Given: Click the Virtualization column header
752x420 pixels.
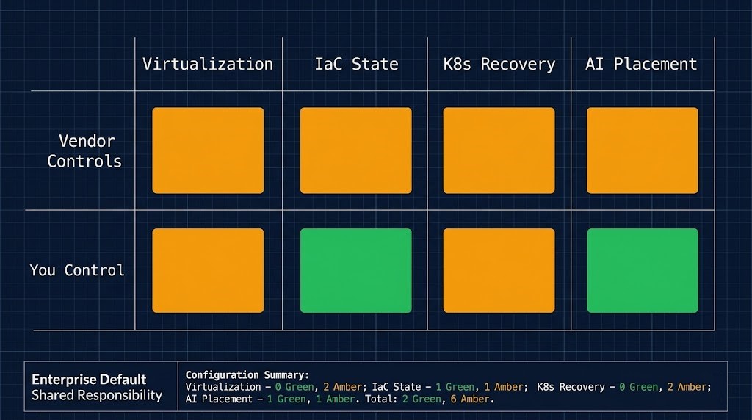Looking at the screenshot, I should (208, 64).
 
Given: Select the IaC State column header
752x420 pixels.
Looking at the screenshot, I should (356, 64).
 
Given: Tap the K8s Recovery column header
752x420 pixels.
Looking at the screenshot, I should (499, 64).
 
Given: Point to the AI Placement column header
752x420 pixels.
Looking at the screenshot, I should (641, 64).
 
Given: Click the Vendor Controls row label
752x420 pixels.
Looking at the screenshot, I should (85, 151).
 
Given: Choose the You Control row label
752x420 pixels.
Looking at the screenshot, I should (77, 270).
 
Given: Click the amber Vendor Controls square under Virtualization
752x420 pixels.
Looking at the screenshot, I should (208, 151).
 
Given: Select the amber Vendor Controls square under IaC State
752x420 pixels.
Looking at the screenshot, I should (356, 151).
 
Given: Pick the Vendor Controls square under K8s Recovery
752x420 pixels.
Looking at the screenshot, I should (499, 151).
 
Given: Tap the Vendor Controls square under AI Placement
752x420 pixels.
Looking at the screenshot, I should (643, 151).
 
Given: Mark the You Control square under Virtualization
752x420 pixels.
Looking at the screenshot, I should (208, 270).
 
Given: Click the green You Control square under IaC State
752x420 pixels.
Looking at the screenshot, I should (356, 270).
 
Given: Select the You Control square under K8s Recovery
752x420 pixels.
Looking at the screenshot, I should (499, 270).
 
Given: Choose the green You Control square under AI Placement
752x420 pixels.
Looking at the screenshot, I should (643, 270).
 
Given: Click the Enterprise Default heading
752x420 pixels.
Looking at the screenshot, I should (89, 380).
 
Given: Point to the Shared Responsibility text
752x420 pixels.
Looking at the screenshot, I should (97, 396).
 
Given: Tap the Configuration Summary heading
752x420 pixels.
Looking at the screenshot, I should (247, 374).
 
